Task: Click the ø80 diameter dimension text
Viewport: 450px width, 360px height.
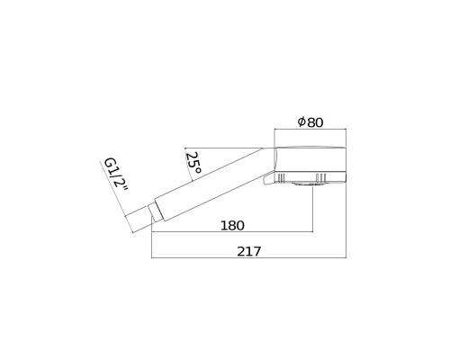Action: click(x=310, y=122)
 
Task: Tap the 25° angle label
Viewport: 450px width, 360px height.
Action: click(x=193, y=164)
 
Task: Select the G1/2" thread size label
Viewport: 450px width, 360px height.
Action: click(x=116, y=176)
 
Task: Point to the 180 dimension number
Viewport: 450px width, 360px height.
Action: click(x=232, y=226)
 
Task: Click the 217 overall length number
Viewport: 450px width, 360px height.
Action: click(x=249, y=251)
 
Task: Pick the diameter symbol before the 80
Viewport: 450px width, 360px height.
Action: click(x=301, y=121)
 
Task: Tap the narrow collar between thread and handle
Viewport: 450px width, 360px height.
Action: click(x=156, y=212)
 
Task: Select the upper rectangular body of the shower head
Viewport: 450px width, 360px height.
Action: click(x=310, y=160)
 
